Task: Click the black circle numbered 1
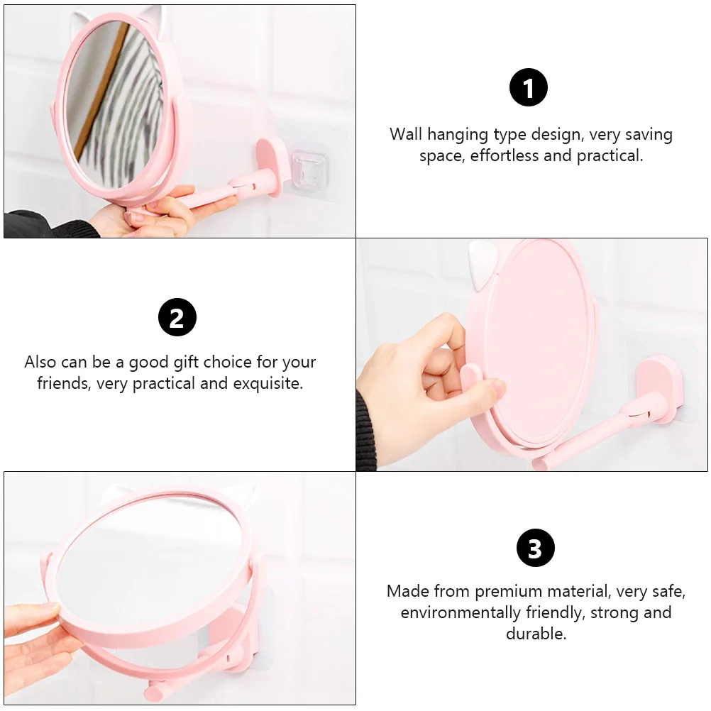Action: tap(529, 88)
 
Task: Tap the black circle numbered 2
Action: tap(177, 317)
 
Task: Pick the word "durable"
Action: tap(536, 634)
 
